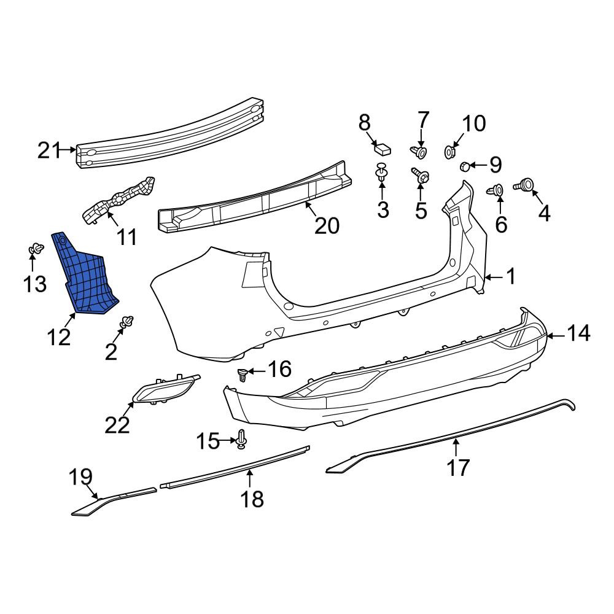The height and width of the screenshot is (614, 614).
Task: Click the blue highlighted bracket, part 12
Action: [84, 274]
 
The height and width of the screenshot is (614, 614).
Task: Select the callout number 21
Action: [49, 150]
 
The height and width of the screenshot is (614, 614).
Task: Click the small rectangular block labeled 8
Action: [383, 149]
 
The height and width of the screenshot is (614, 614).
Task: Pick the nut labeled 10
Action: [450, 152]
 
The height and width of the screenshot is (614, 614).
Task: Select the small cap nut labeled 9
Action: [464, 166]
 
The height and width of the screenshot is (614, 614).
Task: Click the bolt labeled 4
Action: [524, 184]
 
